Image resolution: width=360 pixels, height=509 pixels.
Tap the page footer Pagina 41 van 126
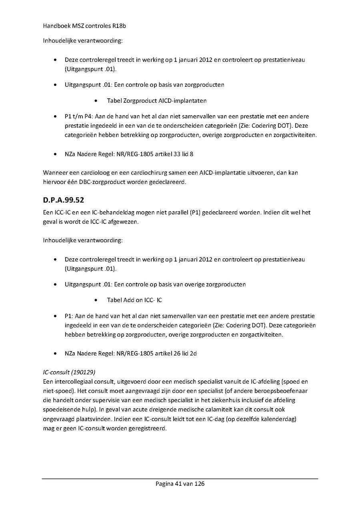point(180,484)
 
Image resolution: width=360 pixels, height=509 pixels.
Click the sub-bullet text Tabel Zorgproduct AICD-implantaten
point(156,101)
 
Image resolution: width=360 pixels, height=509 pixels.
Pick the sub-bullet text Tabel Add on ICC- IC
point(134,300)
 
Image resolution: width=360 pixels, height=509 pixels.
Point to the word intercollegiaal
point(72,382)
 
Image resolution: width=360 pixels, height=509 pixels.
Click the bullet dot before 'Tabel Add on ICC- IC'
point(97,300)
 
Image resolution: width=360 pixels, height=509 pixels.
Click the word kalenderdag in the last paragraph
point(274,419)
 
